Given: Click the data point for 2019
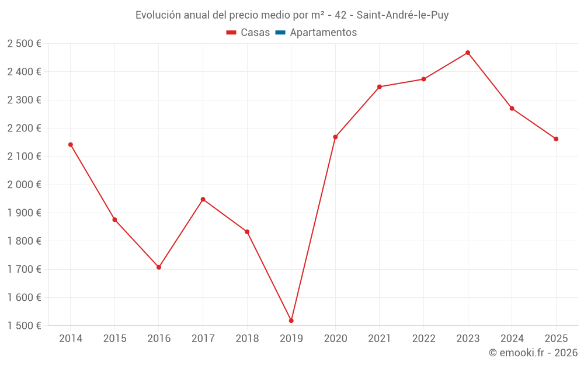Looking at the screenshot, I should (291, 321).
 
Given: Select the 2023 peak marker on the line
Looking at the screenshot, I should (468, 53).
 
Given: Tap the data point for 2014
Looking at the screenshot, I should (71, 144).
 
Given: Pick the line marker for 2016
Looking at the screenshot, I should (159, 267).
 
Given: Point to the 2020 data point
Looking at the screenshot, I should (335, 137).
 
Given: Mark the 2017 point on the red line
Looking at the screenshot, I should (203, 199).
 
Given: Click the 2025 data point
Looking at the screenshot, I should (556, 139).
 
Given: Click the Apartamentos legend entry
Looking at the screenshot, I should (323, 33).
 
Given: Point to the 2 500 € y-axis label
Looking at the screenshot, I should (25, 44).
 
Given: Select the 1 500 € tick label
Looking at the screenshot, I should (25, 326).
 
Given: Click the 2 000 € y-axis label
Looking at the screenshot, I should (25, 185).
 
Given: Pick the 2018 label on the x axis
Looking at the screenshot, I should (247, 338).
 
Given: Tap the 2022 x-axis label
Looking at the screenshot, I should (423, 338).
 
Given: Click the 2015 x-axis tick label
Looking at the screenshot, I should (114, 338).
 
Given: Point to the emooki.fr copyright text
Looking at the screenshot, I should (533, 353).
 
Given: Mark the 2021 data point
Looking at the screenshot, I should (380, 87).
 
